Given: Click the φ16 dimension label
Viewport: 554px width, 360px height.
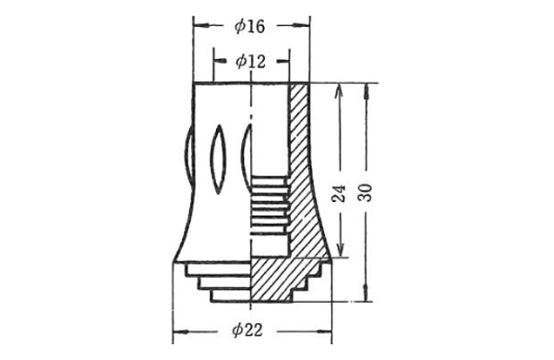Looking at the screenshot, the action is [250, 27].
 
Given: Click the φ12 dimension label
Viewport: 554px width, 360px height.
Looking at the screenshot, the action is [250, 62].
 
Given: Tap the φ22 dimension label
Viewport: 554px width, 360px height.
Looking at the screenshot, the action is [247, 330].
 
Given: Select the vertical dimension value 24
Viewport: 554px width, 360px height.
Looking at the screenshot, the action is [339, 193].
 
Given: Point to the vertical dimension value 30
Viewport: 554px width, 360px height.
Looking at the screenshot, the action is [366, 193].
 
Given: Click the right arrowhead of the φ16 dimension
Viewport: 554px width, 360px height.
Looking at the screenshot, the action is [301, 26].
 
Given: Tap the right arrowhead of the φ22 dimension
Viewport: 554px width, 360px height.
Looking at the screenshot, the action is [323, 331].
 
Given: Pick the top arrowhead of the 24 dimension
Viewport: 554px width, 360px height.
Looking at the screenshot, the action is [339, 92].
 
